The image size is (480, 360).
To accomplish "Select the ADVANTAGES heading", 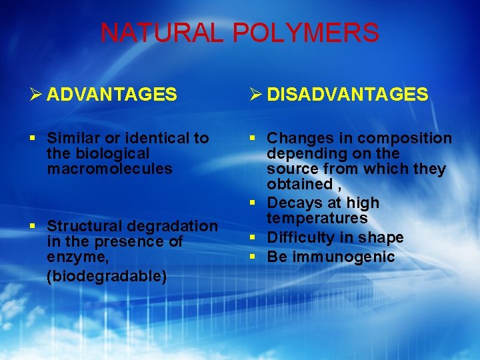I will [112, 95].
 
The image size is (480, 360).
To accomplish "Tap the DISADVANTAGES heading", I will [347, 95].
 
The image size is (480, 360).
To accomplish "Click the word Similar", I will [73, 138].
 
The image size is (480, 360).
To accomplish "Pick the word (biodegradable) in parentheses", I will [107, 275].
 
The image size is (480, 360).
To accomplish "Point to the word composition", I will [405, 138].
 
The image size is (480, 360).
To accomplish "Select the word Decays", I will [291, 202].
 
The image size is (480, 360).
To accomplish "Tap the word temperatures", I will [317, 218].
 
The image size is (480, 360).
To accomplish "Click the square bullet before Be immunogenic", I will [254, 257].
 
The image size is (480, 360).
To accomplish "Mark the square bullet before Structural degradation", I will [34, 226].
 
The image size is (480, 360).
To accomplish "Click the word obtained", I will [299, 184].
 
